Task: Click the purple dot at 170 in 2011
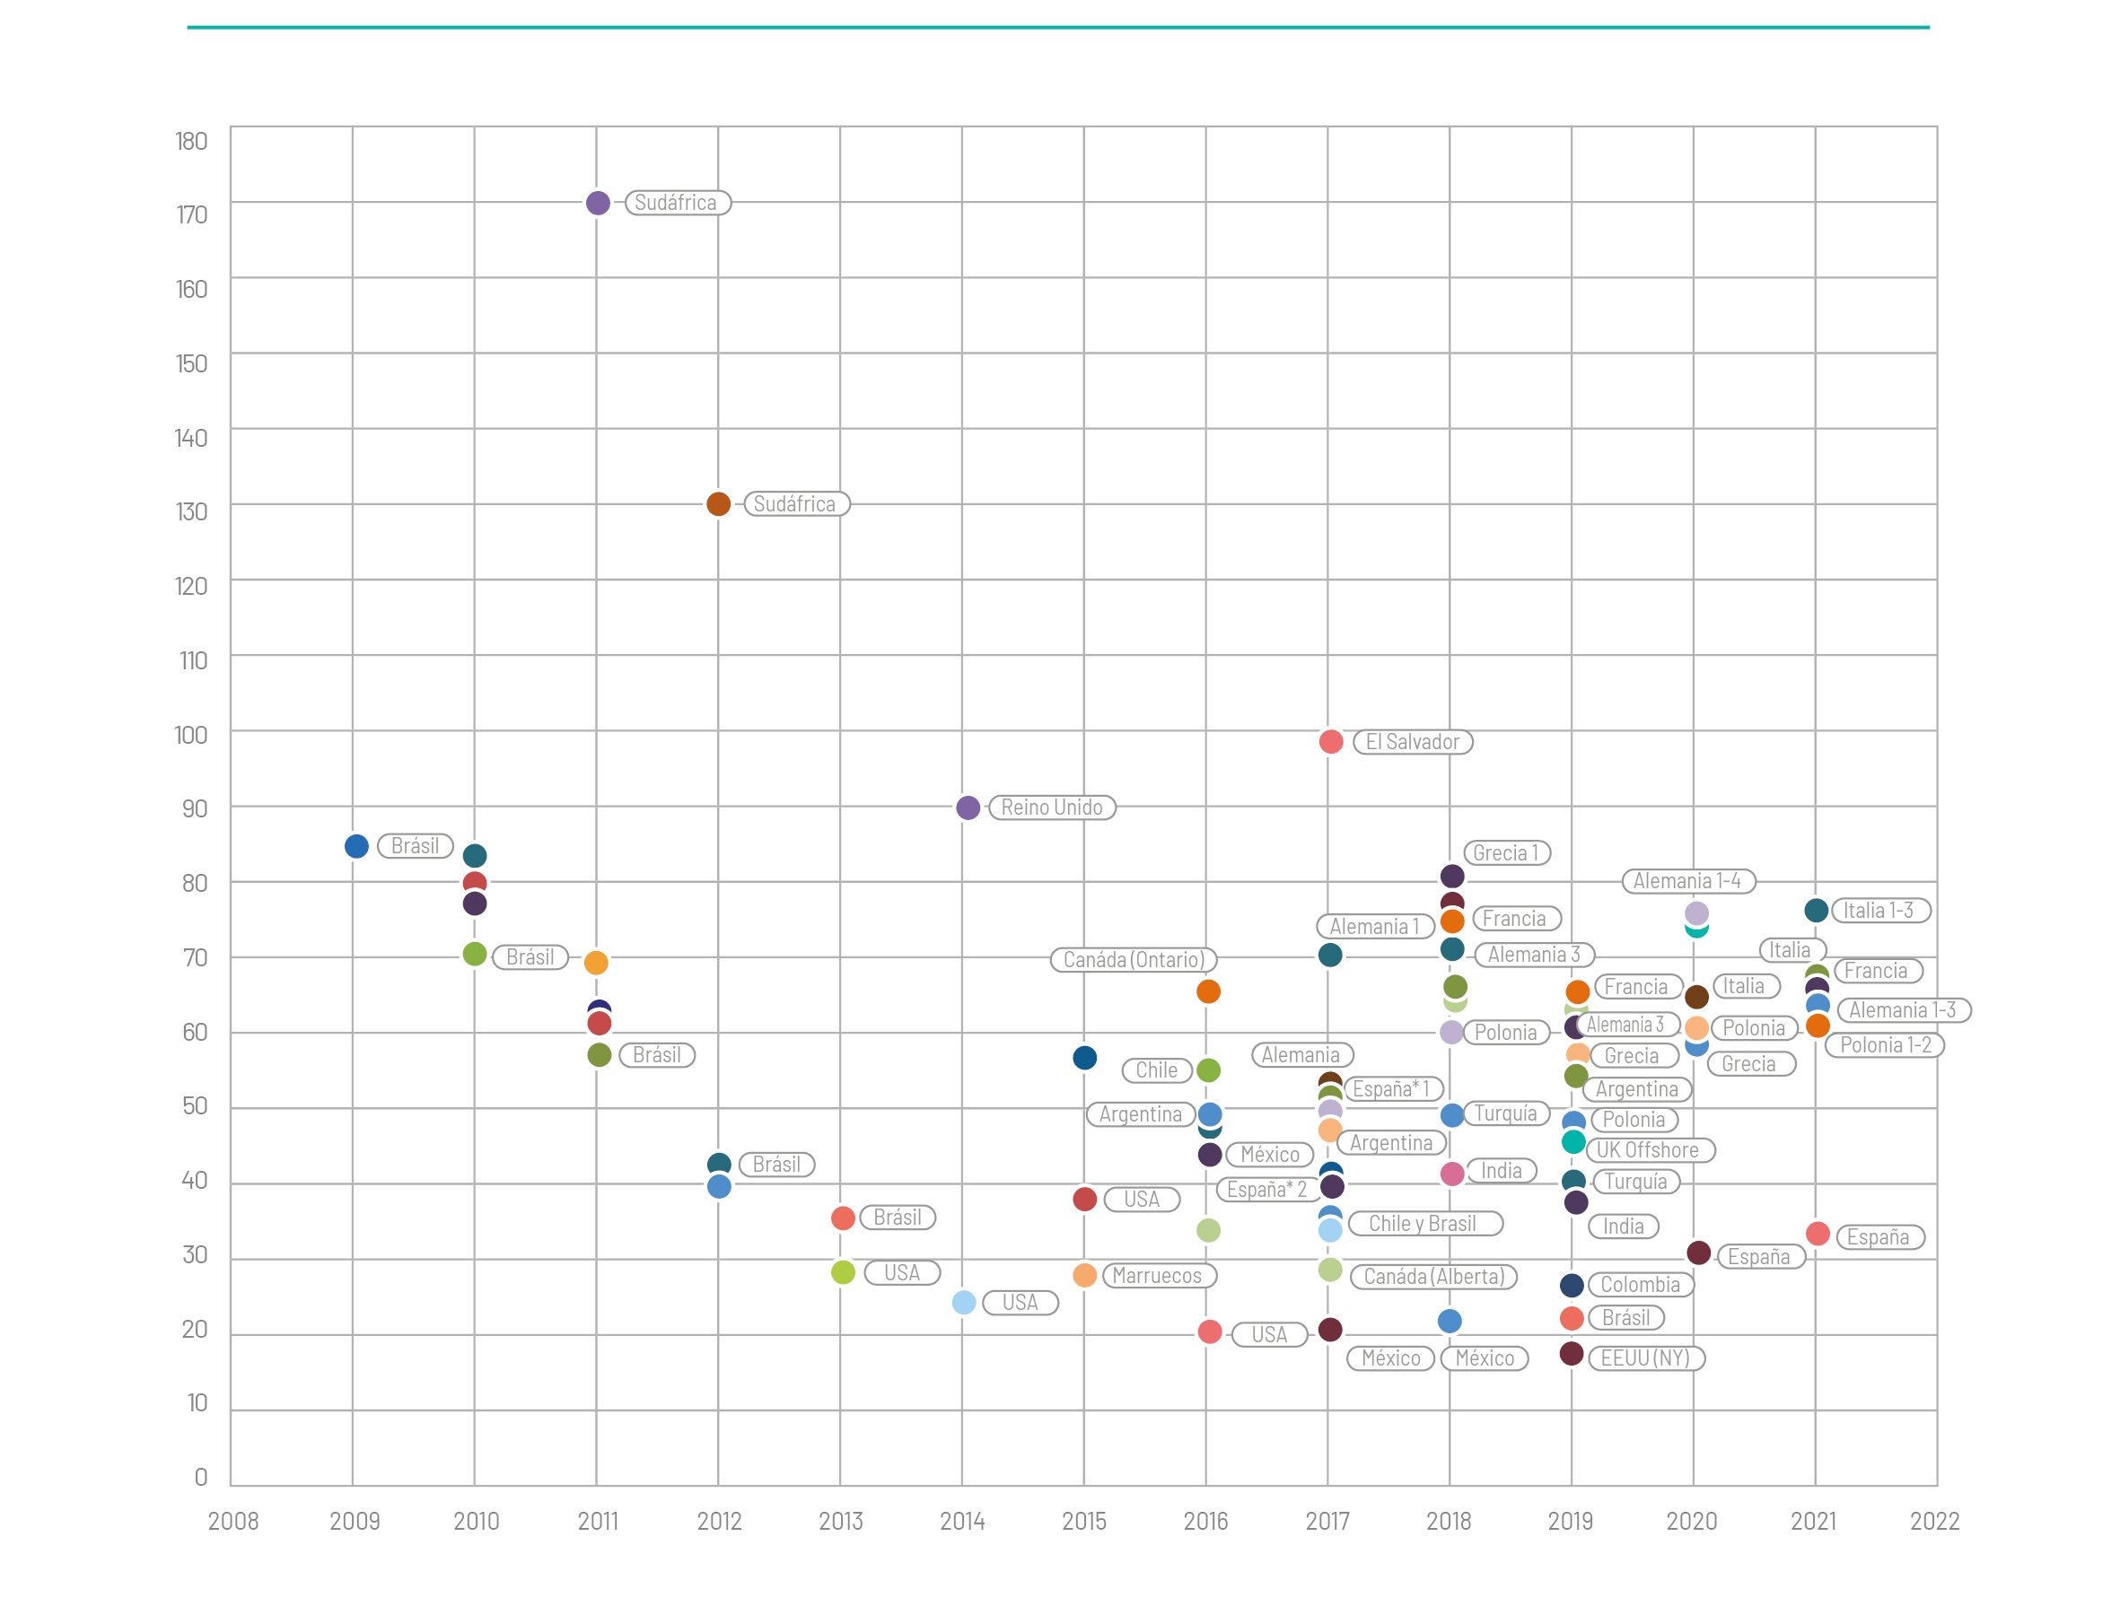(x=597, y=203)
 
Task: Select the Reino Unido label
(x=1052, y=807)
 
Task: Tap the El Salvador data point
(x=1331, y=741)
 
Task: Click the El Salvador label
(x=1413, y=742)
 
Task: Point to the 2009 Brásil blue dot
(x=356, y=846)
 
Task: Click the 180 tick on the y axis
(x=191, y=142)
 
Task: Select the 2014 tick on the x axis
(x=962, y=1521)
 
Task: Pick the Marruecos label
(x=1158, y=1276)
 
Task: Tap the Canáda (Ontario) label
(x=1134, y=959)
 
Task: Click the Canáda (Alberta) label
(x=1433, y=1277)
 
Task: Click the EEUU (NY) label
(x=1645, y=1358)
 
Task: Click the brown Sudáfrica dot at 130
(x=718, y=503)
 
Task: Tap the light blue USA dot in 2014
(x=963, y=1303)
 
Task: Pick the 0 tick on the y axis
(x=200, y=1478)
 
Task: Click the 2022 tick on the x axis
(x=1934, y=1521)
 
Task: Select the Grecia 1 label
(x=1506, y=852)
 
